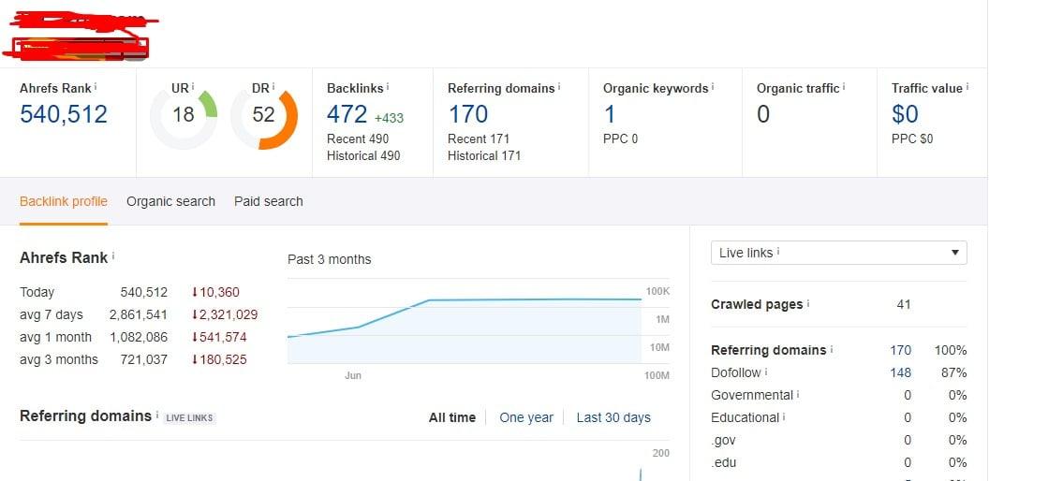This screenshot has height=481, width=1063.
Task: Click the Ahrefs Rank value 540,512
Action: click(64, 114)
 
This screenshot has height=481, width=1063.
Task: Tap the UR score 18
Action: click(184, 114)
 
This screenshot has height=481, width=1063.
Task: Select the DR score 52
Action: click(263, 114)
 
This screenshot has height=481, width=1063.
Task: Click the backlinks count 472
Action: click(347, 114)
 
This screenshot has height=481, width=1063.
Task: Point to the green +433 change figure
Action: click(389, 118)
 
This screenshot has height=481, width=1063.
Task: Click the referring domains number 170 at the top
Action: click(467, 114)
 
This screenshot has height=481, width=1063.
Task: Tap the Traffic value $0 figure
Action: click(905, 114)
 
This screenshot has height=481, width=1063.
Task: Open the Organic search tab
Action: click(170, 201)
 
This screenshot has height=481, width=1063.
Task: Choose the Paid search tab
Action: click(269, 201)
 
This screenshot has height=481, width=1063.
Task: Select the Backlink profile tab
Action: click(64, 201)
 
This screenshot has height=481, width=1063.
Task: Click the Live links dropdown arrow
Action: click(954, 253)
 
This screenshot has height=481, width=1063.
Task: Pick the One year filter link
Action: click(526, 417)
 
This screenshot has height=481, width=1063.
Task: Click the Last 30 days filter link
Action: click(613, 417)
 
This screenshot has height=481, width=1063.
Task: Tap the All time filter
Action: click(452, 417)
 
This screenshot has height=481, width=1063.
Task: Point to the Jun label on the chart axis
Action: click(353, 375)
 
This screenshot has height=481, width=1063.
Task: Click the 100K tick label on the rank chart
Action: click(657, 291)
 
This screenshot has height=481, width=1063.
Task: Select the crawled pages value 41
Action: click(903, 304)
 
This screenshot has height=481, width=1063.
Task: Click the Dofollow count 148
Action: click(900, 372)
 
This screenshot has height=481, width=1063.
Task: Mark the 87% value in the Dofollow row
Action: click(954, 372)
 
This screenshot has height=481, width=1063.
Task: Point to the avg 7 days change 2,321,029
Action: click(225, 314)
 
